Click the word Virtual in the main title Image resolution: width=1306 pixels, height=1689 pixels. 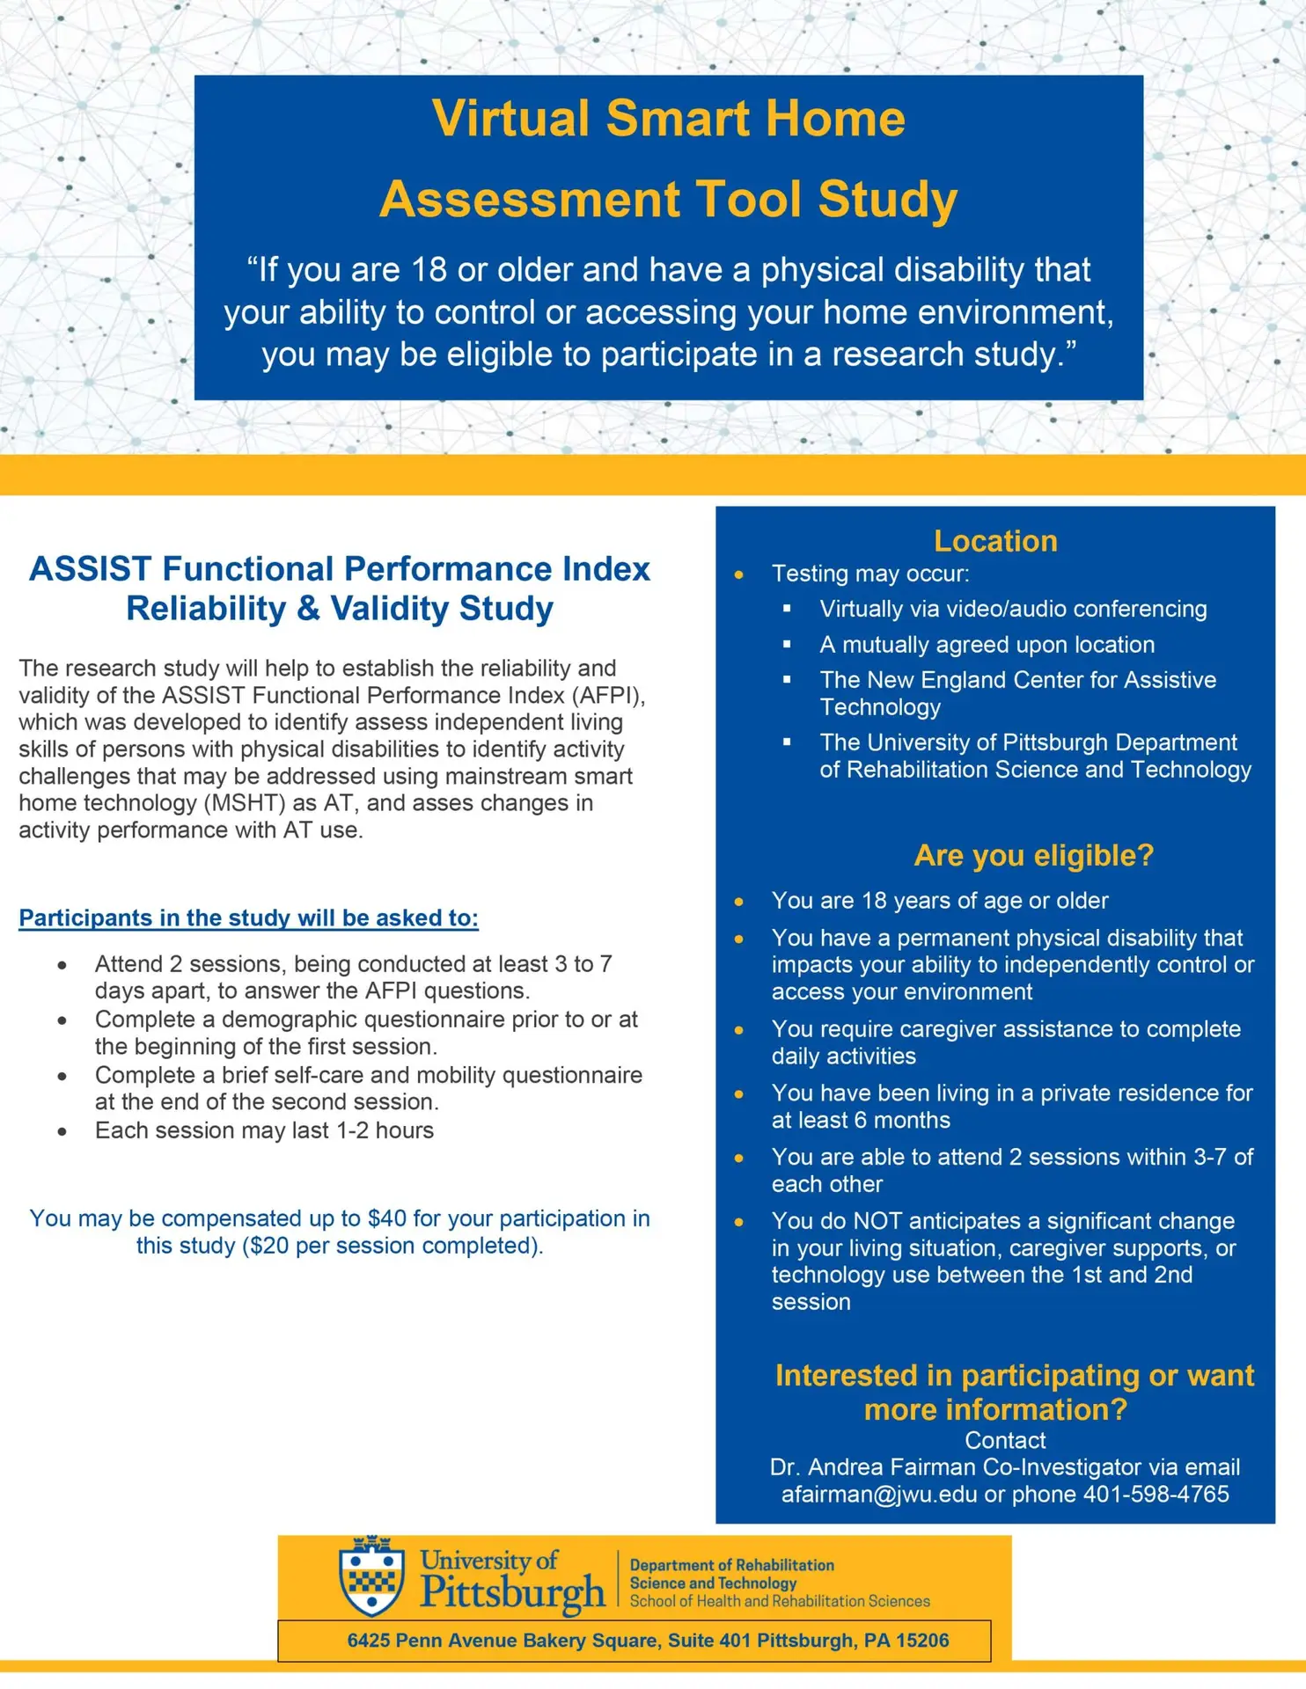point(510,118)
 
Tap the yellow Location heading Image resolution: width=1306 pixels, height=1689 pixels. point(995,541)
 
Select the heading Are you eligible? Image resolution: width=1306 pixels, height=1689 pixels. point(1033,855)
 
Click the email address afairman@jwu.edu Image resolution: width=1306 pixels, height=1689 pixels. point(878,1495)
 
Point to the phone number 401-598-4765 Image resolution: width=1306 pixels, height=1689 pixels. point(1156,1495)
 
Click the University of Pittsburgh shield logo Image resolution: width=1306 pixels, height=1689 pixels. point(372,1576)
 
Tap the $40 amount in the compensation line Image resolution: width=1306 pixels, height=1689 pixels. point(387,1218)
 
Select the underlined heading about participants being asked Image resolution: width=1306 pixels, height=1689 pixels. point(248,918)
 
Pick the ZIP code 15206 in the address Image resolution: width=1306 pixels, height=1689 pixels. point(922,1641)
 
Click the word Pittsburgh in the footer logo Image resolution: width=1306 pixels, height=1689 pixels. point(512,1592)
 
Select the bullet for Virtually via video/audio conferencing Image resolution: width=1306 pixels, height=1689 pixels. point(787,609)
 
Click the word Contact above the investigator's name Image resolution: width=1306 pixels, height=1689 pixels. point(1005,1440)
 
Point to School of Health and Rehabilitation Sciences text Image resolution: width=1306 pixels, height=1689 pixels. point(779,1601)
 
